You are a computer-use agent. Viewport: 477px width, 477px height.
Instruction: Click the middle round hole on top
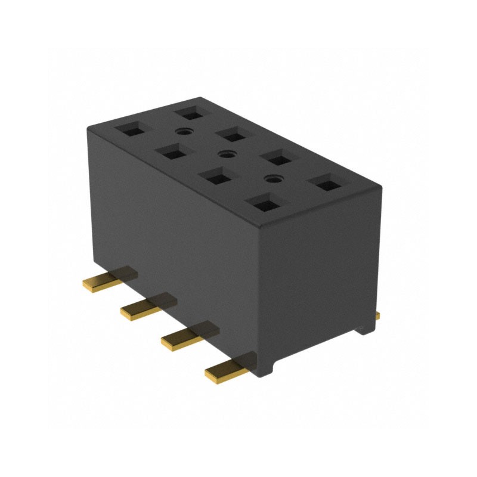tap(224, 154)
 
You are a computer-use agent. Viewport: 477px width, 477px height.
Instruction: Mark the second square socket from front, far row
tap(276, 157)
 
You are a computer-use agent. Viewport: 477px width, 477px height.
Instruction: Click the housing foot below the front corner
tap(262, 370)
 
